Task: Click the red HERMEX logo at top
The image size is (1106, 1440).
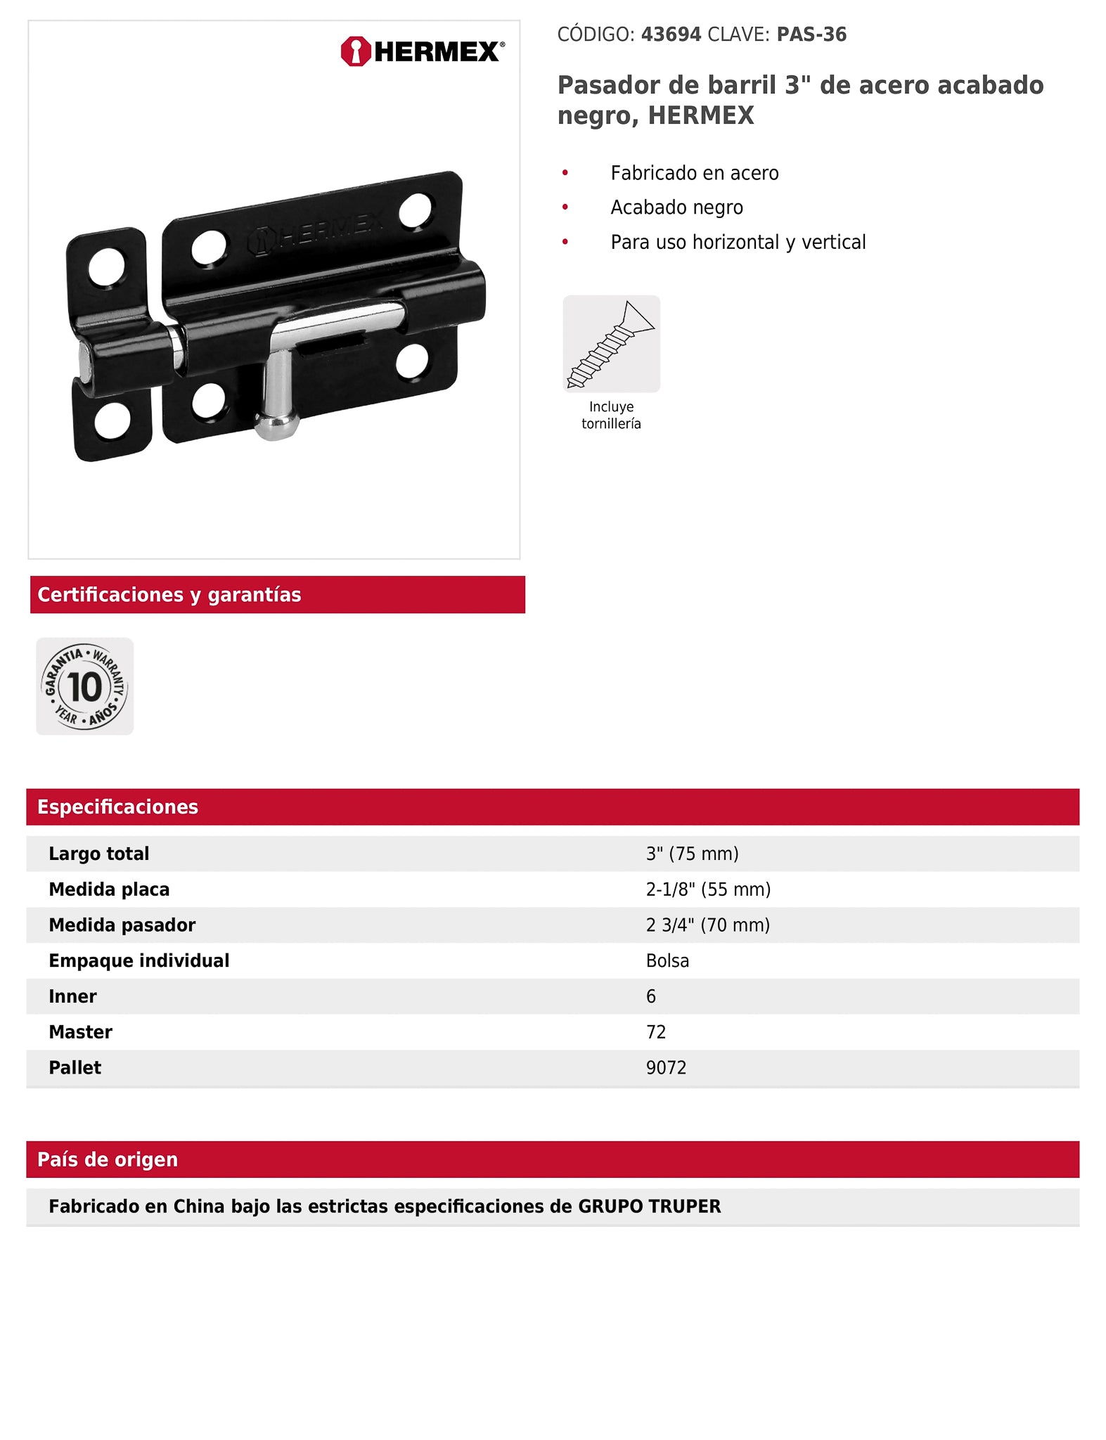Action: pyautogui.click(x=422, y=51)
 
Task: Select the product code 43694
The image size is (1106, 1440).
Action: pyautogui.click(x=671, y=34)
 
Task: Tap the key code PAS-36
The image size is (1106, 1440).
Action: pyautogui.click(x=811, y=34)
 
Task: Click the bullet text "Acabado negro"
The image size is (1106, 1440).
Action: pyautogui.click(x=676, y=207)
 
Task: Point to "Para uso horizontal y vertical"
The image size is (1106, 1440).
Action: pyautogui.click(x=738, y=242)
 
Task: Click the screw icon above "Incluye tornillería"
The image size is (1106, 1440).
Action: pyautogui.click(x=611, y=344)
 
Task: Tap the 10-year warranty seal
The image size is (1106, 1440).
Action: pyautogui.click(x=85, y=686)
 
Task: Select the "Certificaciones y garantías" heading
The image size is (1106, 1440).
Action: pyautogui.click(x=169, y=595)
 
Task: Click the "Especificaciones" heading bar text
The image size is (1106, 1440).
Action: pyautogui.click(x=118, y=806)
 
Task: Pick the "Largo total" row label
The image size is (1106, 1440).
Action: pyautogui.click(x=99, y=854)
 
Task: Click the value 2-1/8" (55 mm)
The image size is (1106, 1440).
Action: pyautogui.click(x=708, y=889)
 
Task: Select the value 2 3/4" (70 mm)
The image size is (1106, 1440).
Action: pyautogui.click(x=707, y=925)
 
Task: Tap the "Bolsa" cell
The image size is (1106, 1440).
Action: pyautogui.click(x=667, y=960)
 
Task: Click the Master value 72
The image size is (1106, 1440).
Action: pyautogui.click(x=656, y=1032)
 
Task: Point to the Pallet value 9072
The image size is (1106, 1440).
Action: pyautogui.click(x=666, y=1067)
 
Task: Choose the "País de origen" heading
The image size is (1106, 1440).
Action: pyautogui.click(x=108, y=1159)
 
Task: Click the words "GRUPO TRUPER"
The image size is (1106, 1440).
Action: pyautogui.click(x=649, y=1207)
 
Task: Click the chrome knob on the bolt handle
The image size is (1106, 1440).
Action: pyautogui.click(x=276, y=425)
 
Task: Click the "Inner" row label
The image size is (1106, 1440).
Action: pyautogui.click(x=73, y=996)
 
